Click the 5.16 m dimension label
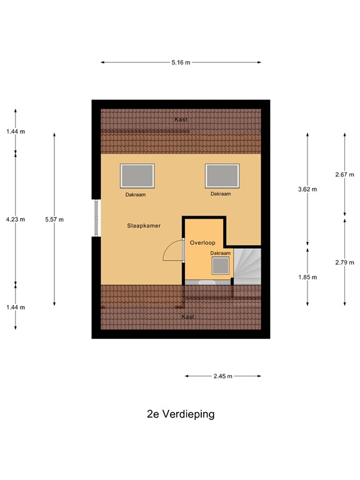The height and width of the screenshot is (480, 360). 181,62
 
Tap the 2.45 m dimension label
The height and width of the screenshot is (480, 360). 222,376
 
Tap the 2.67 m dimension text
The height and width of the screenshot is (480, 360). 345,174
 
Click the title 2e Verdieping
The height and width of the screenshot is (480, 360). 181,414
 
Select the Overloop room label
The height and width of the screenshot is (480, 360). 202,242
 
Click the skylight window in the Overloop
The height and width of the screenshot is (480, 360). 221,266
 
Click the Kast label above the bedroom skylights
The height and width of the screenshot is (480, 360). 181,119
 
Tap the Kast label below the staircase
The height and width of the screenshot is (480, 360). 187,317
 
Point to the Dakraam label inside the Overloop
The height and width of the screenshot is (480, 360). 220,253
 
